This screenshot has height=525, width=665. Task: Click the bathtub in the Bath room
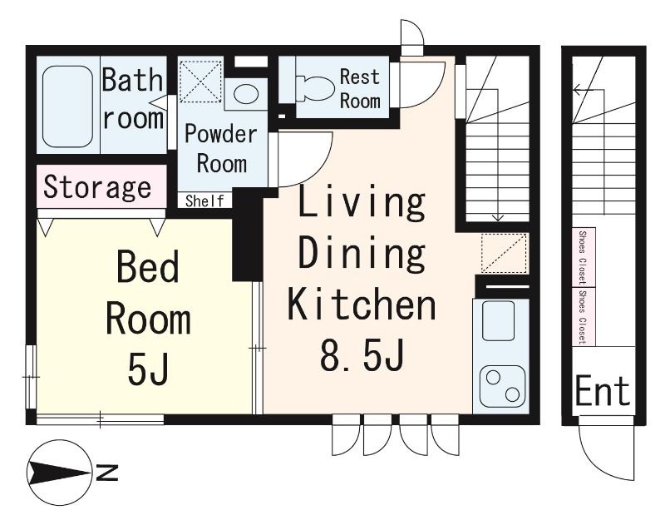tap(68, 106)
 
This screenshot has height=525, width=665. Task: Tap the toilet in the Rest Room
tap(315, 88)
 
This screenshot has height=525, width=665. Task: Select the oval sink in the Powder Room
tap(246, 94)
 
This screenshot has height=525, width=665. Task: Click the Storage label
tap(97, 187)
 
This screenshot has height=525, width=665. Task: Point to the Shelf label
tap(204, 201)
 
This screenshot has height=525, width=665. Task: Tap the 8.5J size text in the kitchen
tap(362, 354)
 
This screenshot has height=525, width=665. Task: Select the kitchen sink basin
tap(498, 321)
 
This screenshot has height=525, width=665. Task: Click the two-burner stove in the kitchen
tap(503, 385)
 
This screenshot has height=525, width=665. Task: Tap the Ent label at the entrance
tap(602, 392)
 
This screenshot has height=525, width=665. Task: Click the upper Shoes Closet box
tap(584, 257)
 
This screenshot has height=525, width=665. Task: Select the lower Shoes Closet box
tap(584, 317)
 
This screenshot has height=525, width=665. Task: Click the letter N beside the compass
tap(107, 473)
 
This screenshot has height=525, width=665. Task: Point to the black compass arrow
tap(59, 473)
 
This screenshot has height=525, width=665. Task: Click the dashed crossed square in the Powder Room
tap(200, 82)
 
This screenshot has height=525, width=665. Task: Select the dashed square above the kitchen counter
tap(505, 253)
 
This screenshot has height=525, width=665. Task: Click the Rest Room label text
tap(360, 89)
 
